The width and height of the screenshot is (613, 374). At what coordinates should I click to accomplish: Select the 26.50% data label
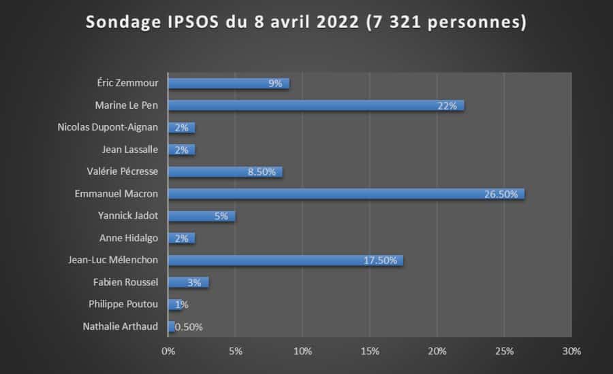[x=501, y=194]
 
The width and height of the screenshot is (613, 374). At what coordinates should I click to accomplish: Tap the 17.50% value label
[x=379, y=260]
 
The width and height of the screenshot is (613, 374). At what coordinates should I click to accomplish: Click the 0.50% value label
[x=189, y=327]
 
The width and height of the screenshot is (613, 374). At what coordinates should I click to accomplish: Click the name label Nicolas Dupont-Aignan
[x=108, y=127]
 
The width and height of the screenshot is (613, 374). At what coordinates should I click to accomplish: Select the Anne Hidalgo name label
[x=129, y=238]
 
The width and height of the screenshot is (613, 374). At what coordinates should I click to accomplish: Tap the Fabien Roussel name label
[x=125, y=282]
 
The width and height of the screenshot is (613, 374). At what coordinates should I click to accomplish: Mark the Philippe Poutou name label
[x=123, y=304]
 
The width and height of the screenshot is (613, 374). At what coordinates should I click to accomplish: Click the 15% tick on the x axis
[x=370, y=352]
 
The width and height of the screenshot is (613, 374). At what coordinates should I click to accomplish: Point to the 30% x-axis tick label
[x=571, y=352]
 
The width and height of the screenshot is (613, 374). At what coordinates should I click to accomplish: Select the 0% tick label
[x=168, y=352]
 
